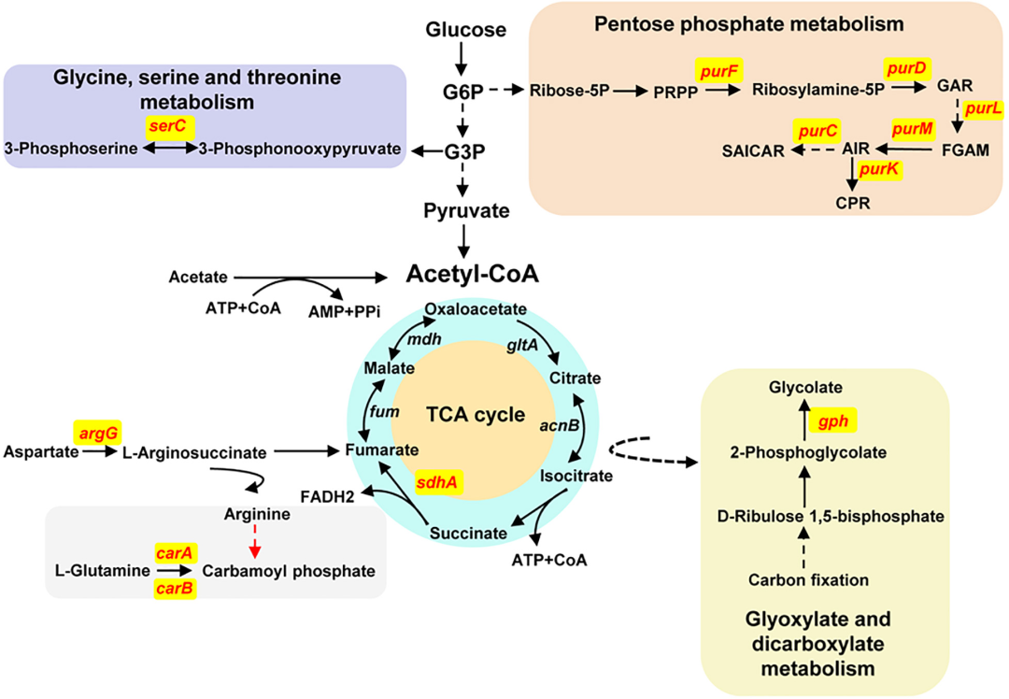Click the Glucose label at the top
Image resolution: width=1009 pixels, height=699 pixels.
(465, 30)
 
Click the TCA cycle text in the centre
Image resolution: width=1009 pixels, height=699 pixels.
(462, 414)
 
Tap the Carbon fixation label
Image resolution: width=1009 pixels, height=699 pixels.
(808, 580)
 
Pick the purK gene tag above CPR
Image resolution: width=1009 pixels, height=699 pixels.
(880, 169)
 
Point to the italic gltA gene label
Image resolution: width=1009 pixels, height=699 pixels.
(521, 346)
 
